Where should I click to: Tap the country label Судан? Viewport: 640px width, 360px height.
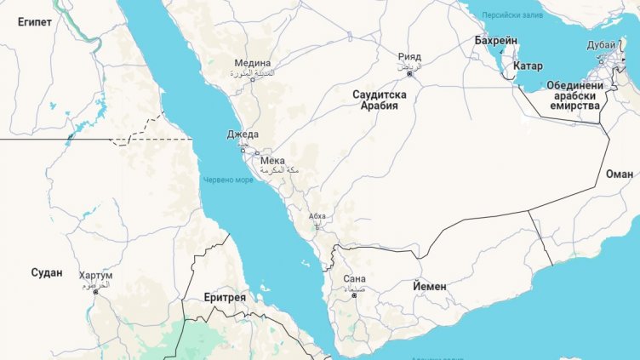[46, 272]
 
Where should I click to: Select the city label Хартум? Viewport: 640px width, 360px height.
[94, 276]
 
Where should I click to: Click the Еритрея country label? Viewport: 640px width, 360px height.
[225, 297]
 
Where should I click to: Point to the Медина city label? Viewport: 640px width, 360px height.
[253, 63]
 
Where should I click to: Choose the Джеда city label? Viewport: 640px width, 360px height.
[242, 134]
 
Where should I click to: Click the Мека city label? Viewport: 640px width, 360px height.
[272, 160]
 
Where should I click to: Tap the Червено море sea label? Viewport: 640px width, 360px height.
[228, 180]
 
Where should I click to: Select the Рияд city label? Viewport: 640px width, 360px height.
[409, 57]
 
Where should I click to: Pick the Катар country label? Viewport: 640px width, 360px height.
[528, 66]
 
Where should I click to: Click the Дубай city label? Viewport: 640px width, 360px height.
[601, 45]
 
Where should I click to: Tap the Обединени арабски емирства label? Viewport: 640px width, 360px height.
[575, 95]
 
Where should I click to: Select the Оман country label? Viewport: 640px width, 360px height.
[619, 173]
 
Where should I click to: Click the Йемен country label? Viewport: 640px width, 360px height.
[429, 286]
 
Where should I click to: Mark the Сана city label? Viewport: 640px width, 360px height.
[354, 278]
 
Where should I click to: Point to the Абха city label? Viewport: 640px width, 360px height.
[317, 216]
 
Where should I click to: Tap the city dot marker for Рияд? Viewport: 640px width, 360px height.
[408, 74]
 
